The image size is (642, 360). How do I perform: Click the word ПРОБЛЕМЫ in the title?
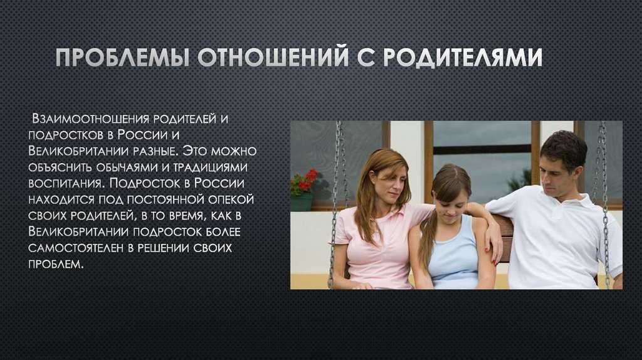(122, 57)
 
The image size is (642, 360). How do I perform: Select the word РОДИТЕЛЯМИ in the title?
(463, 58)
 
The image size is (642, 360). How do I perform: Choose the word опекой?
(231, 199)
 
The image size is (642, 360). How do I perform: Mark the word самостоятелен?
(76, 248)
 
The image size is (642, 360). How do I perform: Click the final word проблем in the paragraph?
(56, 264)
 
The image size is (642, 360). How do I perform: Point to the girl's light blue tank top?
(455, 253)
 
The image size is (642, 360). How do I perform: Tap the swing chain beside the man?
(604, 205)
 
